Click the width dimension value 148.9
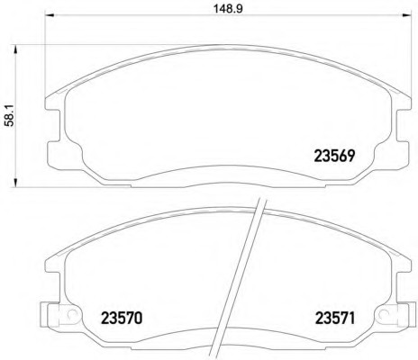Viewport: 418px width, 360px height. [x=228, y=9]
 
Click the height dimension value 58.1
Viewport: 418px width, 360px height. [x=9, y=116]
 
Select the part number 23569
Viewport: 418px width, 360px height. [x=334, y=156]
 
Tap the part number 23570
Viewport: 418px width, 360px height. [x=122, y=319]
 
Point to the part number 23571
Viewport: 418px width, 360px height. [x=334, y=319]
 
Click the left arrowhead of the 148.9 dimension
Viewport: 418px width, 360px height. [x=50, y=15]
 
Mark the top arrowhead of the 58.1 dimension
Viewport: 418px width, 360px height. [x=15, y=49]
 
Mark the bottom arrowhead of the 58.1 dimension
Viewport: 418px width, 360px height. [x=15, y=183]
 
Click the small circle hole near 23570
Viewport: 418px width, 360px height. [x=71, y=313]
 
